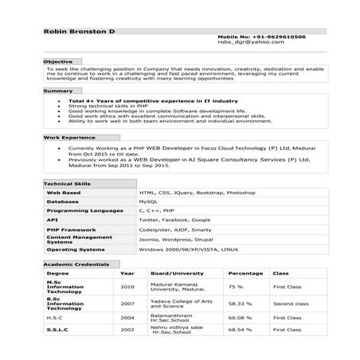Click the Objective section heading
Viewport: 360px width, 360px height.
click(x=57, y=61)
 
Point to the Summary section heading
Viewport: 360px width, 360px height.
click(x=57, y=91)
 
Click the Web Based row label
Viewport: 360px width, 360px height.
click(x=64, y=193)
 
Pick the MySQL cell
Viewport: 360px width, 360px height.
click(x=148, y=202)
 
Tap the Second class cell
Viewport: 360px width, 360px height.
click(x=291, y=303)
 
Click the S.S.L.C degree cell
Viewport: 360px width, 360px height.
click(x=57, y=329)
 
